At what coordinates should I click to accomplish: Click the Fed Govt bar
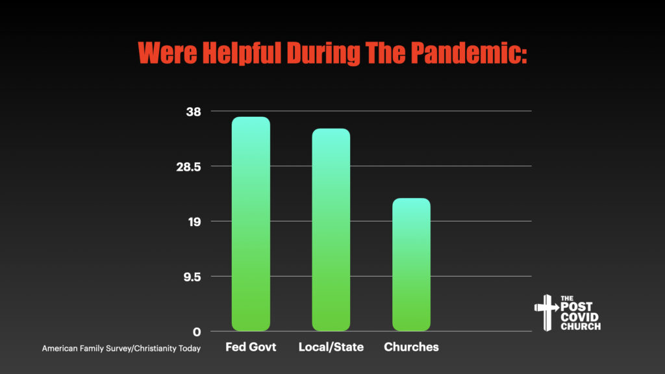(251, 224)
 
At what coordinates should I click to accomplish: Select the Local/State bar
(331, 230)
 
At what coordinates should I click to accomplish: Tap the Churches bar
(411, 265)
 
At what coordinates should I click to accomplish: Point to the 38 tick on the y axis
(194, 112)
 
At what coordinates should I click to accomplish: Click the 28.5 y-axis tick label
(188, 167)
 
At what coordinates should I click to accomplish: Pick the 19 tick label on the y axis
(194, 222)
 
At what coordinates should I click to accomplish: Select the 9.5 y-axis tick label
(192, 277)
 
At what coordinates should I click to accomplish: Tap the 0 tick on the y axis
(197, 332)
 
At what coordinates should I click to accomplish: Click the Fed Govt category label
(251, 347)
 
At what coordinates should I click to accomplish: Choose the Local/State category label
(331, 347)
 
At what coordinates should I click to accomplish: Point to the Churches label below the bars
(411, 347)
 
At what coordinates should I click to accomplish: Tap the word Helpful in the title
(242, 53)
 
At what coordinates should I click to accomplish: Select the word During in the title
(323, 53)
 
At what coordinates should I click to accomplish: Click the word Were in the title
(168, 53)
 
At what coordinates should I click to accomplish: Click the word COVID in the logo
(579, 317)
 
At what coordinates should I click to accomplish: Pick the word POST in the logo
(577, 307)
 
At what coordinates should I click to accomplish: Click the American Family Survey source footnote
(121, 349)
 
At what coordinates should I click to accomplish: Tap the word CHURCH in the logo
(581, 327)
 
